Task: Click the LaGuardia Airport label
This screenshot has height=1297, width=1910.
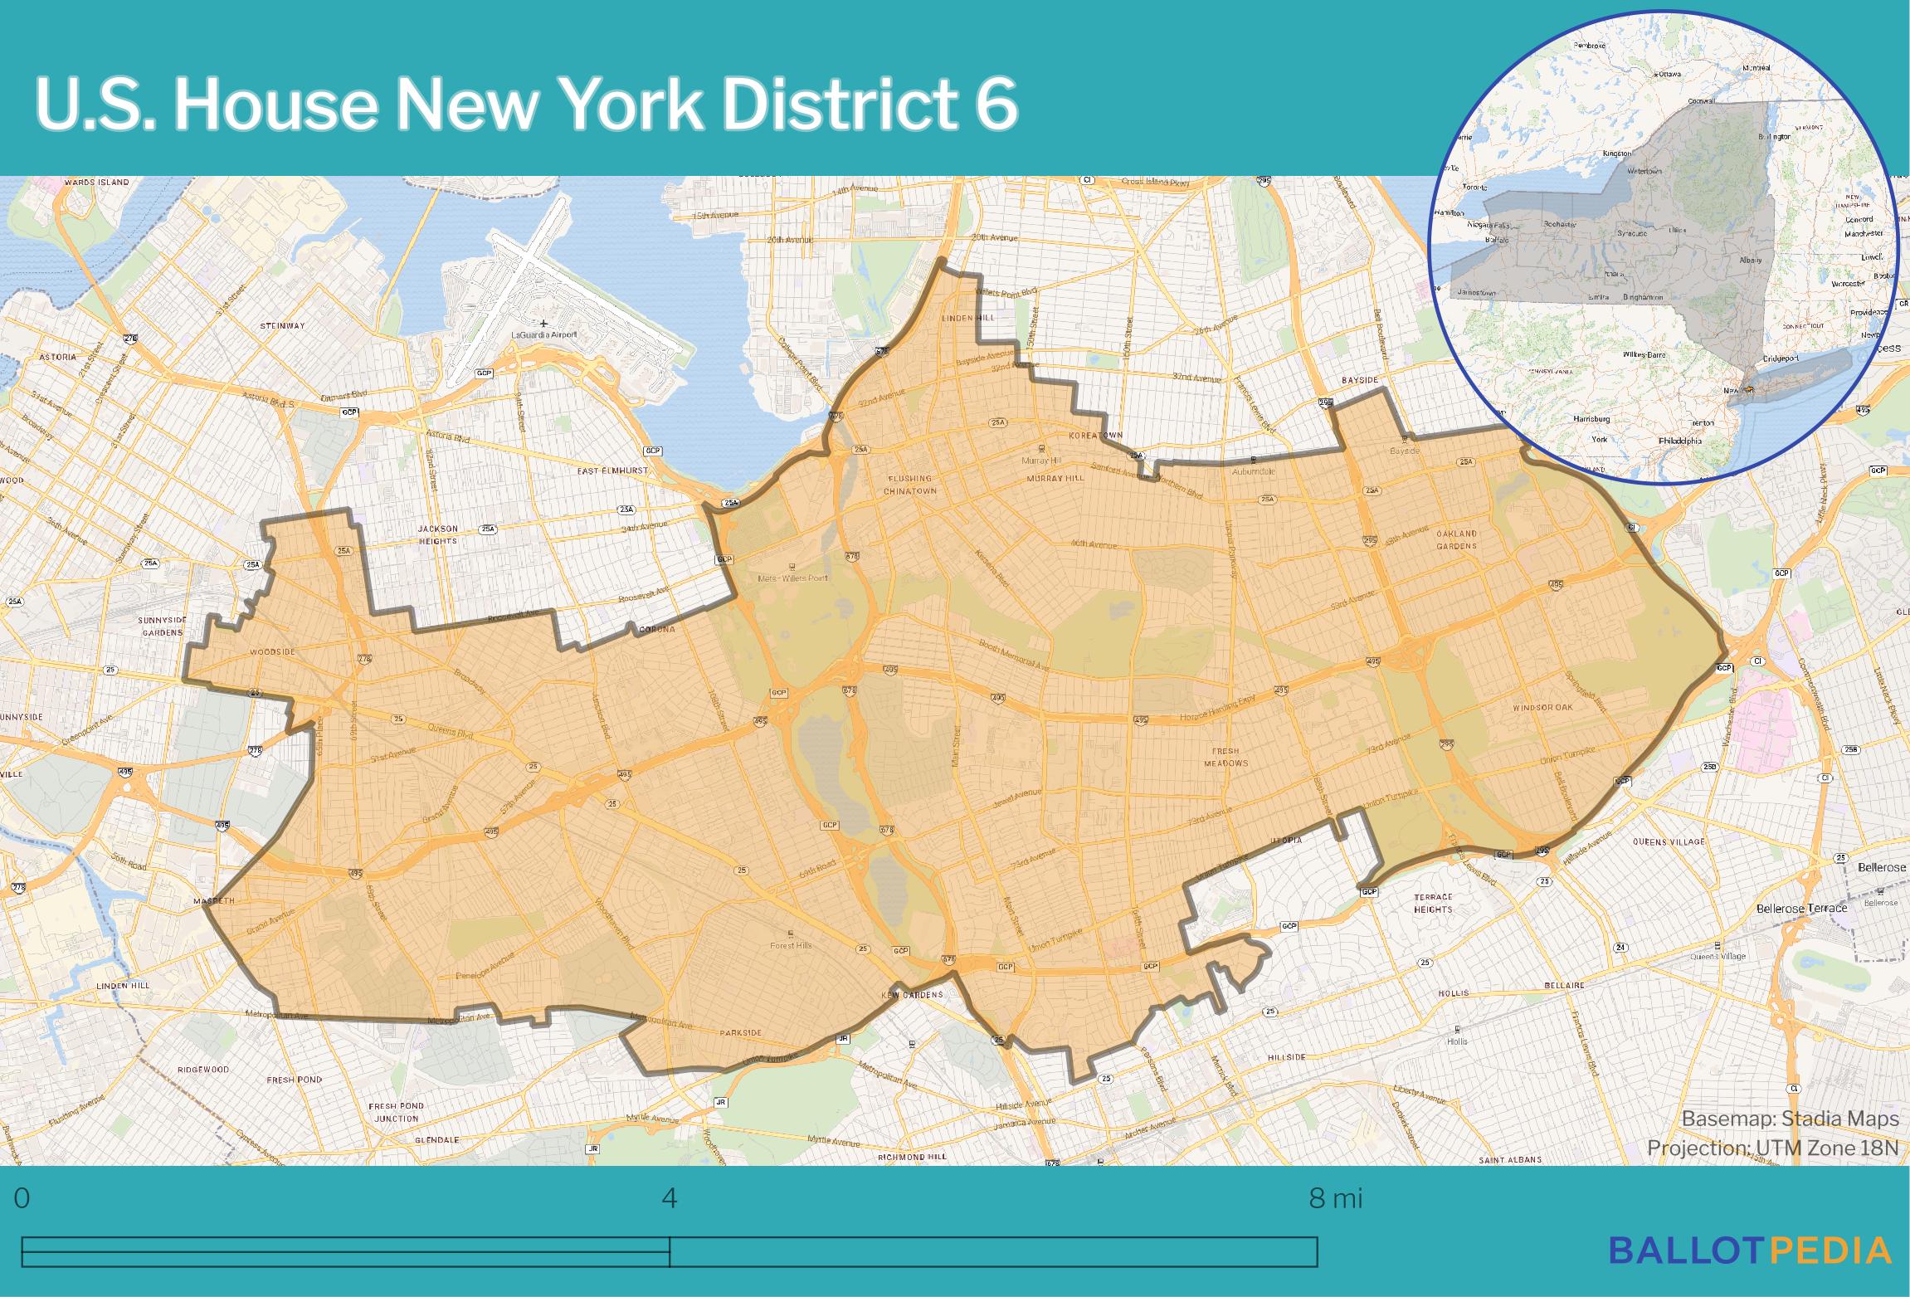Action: pyautogui.click(x=544, y=334)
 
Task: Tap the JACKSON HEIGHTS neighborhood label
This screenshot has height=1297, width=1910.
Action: pyautogui.click(x=437, y=534)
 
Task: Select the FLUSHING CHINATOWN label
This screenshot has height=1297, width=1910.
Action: pyautogui.click(x=910, y=485)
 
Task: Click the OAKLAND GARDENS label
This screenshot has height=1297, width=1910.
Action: pyautogui.click(x=1457, y=539)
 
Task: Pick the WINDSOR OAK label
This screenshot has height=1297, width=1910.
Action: pyautogui.click(x=1542, y=708)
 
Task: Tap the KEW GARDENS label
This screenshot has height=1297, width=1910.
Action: pyautogui.click(x=912, y=994)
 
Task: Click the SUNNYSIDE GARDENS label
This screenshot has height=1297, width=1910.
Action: pyautogui.click(x=162, y=626)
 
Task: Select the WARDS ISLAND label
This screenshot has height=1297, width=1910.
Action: pyautogui.click(x=97, y=182)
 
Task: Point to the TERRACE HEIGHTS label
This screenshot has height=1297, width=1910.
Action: pyautogui.click(x=1433, y=903)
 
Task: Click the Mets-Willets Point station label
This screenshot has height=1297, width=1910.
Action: pyautogui.click(x=792, y=578)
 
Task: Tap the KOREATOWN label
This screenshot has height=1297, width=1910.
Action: pyautogui.click(x=1095, y=436)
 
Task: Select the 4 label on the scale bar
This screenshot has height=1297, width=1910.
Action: pyautogui.click(x=669, y=1198)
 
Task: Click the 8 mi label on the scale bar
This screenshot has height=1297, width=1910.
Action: pyautogui.click(x=1335, y=1198)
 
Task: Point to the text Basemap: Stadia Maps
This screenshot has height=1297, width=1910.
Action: pyautogui.click(x=1790, y=1119)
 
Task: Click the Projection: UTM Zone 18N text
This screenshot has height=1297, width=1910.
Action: pyautogui.click(x=1772, y=1148)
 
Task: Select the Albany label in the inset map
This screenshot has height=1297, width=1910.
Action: pyautogui.click(x=1750, y=260)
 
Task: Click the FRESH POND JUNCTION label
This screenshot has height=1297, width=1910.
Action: pyautogui.click(x=396, y=1112)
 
